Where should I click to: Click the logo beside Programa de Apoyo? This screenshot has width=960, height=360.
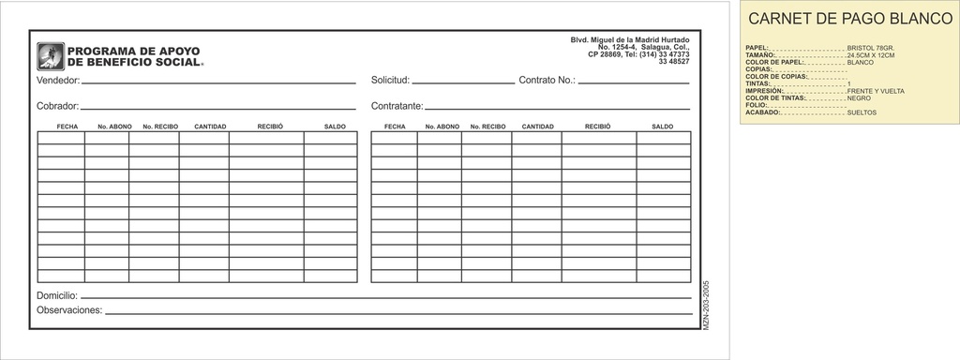click(51, 56)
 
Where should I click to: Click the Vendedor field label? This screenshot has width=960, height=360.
click(58, 81)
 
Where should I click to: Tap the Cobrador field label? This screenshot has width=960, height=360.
click(57, 106)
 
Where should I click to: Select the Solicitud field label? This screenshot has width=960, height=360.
click(390, 81)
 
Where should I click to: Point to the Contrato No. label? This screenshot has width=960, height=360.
click(547, 81)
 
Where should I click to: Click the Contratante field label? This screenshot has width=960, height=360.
click(397, 106)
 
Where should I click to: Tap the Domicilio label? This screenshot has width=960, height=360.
click(56, 295)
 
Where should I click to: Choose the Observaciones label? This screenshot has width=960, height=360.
click(68, 310)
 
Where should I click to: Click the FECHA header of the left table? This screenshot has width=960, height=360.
click(67, 126)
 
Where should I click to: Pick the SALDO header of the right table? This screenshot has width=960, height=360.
click(663, 126)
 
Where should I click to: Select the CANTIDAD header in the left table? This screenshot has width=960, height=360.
click(210, 126)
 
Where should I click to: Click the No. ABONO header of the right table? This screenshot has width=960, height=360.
click(442, 126)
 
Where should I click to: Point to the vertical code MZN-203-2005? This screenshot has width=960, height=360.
click(705, 302)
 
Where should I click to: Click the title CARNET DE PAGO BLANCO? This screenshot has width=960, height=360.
click(850, 19)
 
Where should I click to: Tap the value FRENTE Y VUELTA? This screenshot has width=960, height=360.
click(875, 91)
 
